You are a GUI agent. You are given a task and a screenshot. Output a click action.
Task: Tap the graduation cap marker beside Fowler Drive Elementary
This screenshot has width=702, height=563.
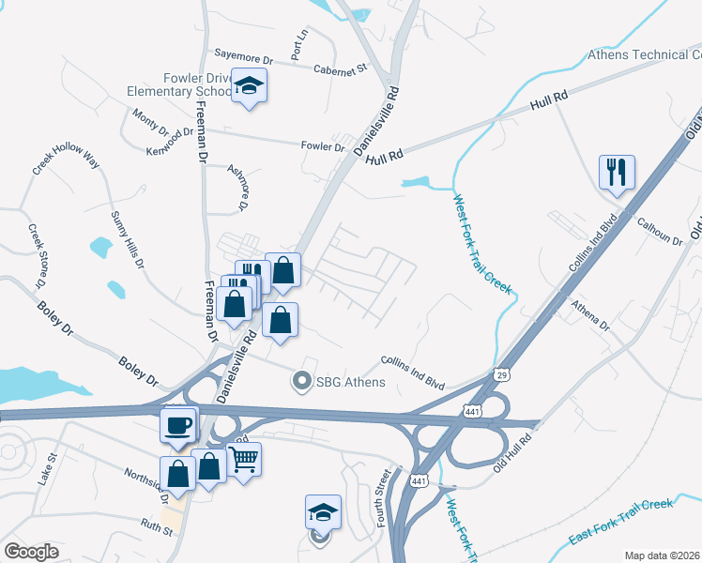[x=249, y=85]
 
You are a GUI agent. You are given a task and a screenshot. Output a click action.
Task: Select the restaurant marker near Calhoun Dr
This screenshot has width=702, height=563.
[x=617, y=172]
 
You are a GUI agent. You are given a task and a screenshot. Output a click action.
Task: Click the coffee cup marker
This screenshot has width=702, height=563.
[x=178, y=426]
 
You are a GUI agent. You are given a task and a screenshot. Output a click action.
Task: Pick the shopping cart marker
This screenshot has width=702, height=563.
[x=244, y=460]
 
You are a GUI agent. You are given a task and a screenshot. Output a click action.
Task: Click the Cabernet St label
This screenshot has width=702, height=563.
[x=339, y=69]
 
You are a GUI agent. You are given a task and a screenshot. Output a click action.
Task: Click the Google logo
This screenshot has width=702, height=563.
[x=31, y=552]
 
